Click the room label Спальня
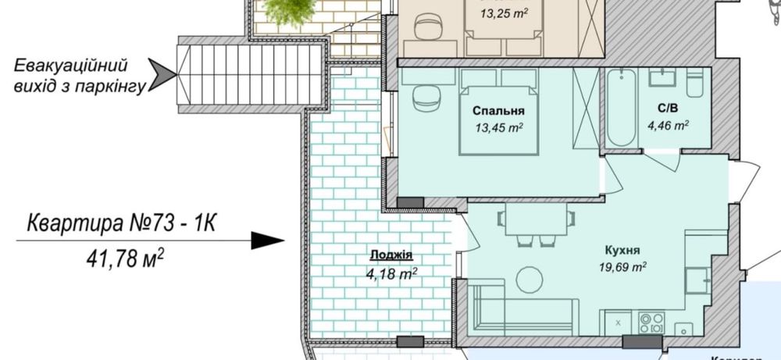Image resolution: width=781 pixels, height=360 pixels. [x=498, y=111]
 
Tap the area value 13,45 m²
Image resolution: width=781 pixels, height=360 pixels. [x=498, y=127]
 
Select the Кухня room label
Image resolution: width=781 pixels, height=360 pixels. [x=622, y=251]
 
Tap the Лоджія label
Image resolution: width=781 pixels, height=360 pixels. [x=390, y=256]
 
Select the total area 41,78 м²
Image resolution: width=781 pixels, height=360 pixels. [x=125, y=257]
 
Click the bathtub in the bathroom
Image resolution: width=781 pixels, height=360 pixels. [x=622, y=108]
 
